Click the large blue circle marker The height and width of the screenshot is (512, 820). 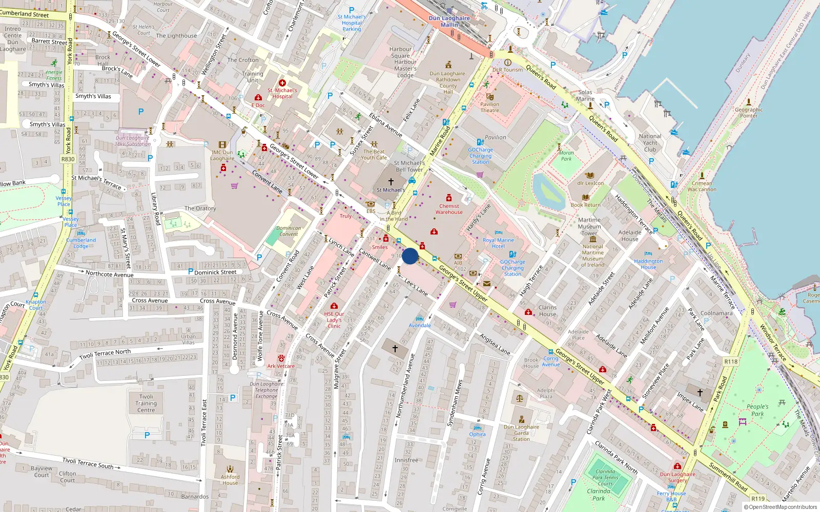(x=410, y=256)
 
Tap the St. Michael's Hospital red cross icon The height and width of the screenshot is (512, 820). (x=282, y=83)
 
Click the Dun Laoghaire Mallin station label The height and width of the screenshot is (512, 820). (x=449, y=21)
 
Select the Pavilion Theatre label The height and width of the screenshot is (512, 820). (x=489, y=107)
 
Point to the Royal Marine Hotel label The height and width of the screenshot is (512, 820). (x=498, y=243)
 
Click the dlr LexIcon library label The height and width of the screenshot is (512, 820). (x=590, y=183)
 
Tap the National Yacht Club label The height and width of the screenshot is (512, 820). (x=650, y=143)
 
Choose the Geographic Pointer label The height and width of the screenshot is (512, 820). (x=749, y=112)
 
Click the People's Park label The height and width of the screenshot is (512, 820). (x=757, y=410)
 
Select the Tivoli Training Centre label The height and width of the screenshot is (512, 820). (x=146, y=403)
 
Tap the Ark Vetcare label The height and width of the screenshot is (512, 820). (x=281, y=366)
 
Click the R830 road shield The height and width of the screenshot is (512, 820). (x=68, y=159)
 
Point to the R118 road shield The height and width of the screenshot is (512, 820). (x=731, y=361)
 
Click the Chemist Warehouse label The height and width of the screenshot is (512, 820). (x=449, y=209)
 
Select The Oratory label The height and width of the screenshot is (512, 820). (x=200, y=208)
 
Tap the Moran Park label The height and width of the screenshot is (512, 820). (x=566, y=156)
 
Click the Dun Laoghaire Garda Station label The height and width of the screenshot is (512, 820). (x=521, y=433)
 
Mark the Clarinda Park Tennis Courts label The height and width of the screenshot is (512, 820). (x=605, y=478)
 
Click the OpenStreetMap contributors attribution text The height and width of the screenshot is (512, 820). (x=781, y=507)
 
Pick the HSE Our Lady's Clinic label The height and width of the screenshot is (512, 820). (x=334, y=320)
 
